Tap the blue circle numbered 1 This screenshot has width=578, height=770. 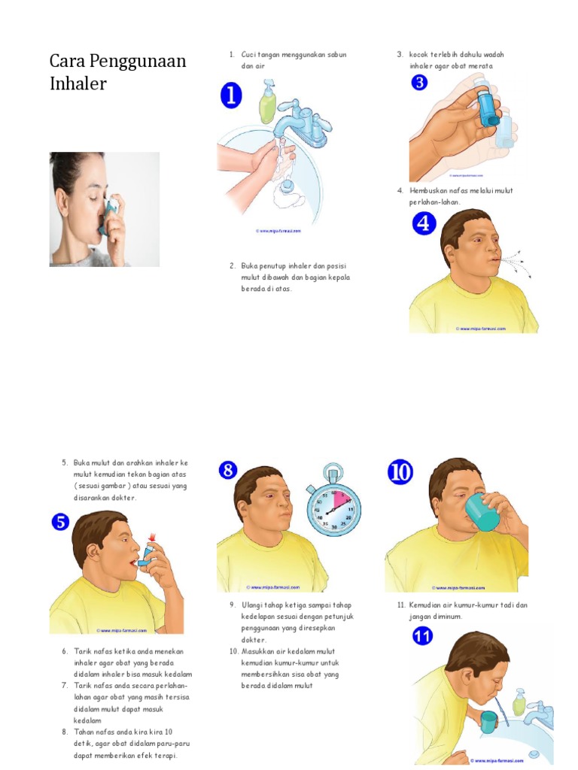[231, 97]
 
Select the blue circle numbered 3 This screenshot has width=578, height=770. [419, 83]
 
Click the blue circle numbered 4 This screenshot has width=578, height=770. [424, 223]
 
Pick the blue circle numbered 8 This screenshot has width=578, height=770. [228, 471]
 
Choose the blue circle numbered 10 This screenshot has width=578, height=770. [400, 471]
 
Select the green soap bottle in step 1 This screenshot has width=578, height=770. [268, 103]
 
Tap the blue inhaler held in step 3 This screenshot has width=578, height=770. [488, 105]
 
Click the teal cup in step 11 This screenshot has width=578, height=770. [488, 723]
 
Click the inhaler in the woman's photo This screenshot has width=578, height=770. [112, 207]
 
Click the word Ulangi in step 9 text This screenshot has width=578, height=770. [252, 605]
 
